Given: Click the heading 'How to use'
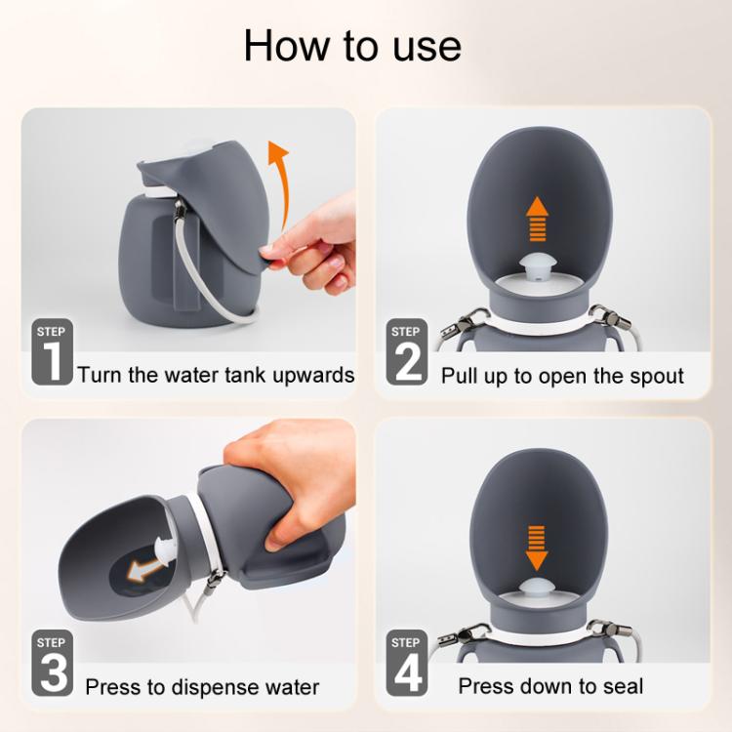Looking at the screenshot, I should tap(352, 46).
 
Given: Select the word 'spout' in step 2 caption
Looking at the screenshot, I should tap(653, 375).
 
